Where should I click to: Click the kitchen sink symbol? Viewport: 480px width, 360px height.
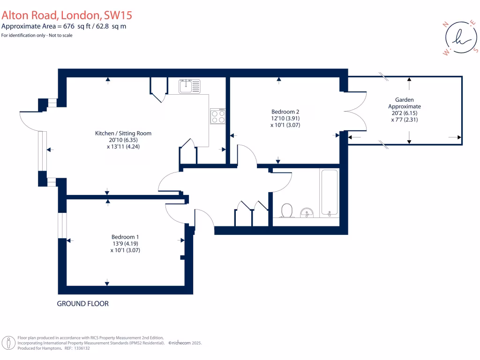tap(189, 86)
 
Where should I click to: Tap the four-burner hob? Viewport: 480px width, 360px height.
tap(218, 116)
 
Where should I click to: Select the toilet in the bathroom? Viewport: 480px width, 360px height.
tap(286, 210)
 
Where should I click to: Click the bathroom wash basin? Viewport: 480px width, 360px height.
tap(307, 213)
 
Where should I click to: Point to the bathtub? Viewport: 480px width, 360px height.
tap(329, 193)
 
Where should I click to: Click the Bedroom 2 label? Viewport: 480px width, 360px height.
tap(285, 112)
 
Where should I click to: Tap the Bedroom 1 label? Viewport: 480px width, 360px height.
tap(125, 237)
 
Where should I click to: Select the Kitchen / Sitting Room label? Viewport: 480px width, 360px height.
tap(123, 133)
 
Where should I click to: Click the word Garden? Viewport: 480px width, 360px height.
tap(404, 100)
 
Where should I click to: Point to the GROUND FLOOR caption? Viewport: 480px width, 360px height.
tap(82, 304)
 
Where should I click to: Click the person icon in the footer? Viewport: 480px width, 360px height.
tap(8, 343)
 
